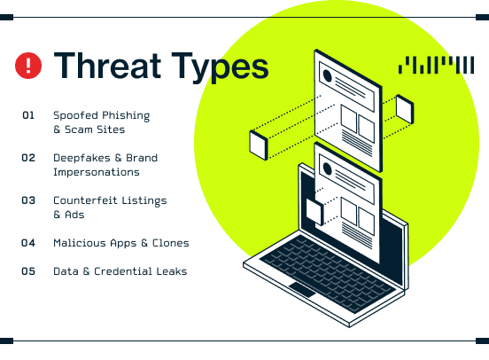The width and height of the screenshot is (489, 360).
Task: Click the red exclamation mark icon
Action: point(28,66)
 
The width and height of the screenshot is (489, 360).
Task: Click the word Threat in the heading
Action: point(107,66)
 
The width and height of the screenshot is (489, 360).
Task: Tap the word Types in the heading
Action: point(221,67)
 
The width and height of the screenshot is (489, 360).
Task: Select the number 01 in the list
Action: point(28,115)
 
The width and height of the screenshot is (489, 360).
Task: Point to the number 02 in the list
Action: point(28,158)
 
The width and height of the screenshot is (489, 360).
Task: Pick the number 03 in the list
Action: point(28,200)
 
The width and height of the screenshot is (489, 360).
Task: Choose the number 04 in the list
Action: point(28,243)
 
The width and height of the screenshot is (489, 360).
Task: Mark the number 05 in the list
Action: point(28,271)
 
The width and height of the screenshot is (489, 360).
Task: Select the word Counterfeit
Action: point(85,200)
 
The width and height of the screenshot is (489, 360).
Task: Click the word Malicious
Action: point(79,243)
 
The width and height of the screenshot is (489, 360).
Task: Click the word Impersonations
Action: point(97,172)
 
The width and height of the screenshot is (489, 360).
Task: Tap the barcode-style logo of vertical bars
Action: point(437,65)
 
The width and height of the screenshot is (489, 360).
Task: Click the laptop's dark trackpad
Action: point(302,289)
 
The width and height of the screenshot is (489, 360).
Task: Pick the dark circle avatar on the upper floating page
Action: point(328,76)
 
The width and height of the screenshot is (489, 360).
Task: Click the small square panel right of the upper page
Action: point(405,109)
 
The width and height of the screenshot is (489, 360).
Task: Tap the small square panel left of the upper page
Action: point(259,145)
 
